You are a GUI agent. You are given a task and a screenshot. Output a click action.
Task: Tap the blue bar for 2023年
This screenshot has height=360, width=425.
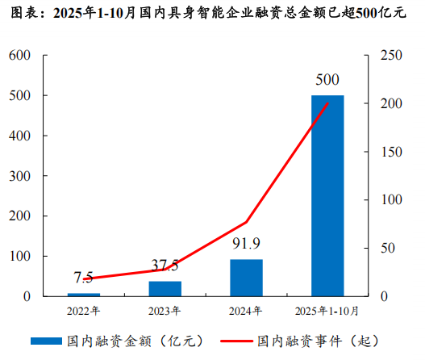tap(165, 288)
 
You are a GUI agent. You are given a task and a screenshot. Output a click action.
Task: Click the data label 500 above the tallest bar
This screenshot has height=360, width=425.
tap(327, 80)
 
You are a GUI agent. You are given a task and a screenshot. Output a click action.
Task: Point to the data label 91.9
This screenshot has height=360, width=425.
tap(246, 243)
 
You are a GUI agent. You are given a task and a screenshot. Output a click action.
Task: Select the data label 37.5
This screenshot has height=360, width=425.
tap(165, 266)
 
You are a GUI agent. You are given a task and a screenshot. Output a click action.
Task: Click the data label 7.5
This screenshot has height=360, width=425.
tap(84, 278)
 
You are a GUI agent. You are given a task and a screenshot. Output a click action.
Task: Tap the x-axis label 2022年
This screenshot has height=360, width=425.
tap(84, 310)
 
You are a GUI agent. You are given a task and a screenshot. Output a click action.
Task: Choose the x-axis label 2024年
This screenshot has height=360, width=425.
tap(246, 310)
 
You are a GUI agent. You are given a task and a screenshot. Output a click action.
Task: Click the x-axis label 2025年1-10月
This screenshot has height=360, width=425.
tap(327, 310)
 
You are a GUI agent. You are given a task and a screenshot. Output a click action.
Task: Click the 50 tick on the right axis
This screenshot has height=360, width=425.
tap(385, 249)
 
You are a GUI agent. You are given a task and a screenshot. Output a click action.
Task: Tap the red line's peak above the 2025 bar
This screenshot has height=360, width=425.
tap(327, 103)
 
